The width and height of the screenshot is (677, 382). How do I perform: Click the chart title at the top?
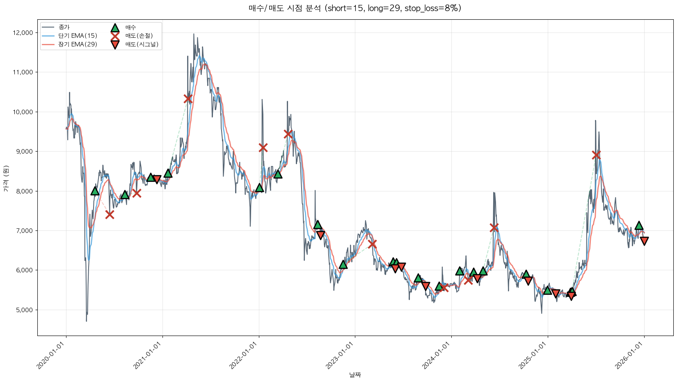355,8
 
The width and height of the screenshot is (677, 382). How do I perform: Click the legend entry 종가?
64,27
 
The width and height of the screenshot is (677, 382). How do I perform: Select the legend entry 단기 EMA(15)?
78,36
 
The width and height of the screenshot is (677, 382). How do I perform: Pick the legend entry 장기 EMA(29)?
78,44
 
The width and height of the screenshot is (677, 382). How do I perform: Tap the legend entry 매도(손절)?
139,36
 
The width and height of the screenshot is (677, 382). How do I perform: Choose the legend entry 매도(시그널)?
142,44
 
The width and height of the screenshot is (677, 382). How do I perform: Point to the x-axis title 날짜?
355,375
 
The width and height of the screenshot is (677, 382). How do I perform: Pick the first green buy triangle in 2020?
95,191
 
